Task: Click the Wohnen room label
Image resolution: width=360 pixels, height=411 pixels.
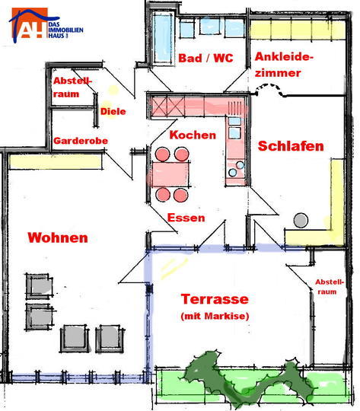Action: click(x=58, y=237)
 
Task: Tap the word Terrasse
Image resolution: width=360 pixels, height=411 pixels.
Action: click(x=215, y=299)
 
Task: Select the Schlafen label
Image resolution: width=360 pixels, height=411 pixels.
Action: click(x=291, y=145)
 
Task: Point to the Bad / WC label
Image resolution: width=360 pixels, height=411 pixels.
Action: click(x=205, y=58)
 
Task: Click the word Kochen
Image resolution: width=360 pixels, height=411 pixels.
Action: click(x=193, y=135)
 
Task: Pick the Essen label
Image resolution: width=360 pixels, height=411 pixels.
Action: click(x=186, y=218)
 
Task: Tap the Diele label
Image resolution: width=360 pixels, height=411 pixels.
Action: click(x=113, y=111)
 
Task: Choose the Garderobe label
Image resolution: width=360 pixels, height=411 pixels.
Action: click(x=81, y=141)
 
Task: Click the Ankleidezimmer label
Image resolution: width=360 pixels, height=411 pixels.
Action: click(x=284, y=65)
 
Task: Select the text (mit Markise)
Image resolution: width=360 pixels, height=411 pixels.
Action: click(x=215, y=316)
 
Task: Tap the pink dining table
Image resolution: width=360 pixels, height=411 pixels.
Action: click(x=170, y=174)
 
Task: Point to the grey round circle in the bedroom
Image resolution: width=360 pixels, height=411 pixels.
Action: click(x=301, y=220)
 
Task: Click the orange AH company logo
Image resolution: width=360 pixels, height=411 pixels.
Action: click(x=30, y=23)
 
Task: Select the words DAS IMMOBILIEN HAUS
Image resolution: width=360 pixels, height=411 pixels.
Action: click(x=65, y=30)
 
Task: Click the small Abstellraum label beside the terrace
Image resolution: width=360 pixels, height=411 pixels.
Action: click(x=330, y=287)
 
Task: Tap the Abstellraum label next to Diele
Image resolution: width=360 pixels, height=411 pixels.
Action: click(x=72, y=87)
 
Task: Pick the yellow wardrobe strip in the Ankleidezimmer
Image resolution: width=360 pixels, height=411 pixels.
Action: click(x=298, y=30)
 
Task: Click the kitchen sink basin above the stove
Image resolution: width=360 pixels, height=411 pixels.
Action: click(x=234, y=133)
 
